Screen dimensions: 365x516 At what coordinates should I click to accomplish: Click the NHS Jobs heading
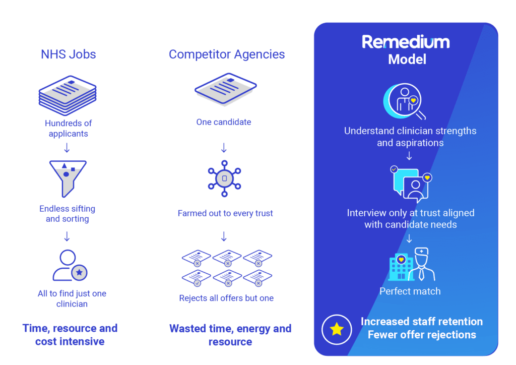coord(68,54)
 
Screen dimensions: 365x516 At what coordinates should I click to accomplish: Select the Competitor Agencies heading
coord(226,54)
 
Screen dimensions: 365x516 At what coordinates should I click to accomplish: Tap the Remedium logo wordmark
coord(406,42)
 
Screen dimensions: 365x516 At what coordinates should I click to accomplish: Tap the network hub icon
coord(225,178)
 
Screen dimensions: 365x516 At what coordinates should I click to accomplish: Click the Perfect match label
coord(410,291)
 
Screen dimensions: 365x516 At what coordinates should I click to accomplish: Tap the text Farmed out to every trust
coord(225,213)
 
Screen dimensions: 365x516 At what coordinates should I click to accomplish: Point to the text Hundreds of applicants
coord(68,129)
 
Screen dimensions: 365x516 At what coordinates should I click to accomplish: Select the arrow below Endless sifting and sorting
coord(67,236)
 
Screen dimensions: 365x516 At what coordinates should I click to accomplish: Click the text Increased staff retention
coord(421,322)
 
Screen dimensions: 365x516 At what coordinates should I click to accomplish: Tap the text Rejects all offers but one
coord(226,298)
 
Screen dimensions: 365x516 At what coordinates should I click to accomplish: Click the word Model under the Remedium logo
coord(407,59)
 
